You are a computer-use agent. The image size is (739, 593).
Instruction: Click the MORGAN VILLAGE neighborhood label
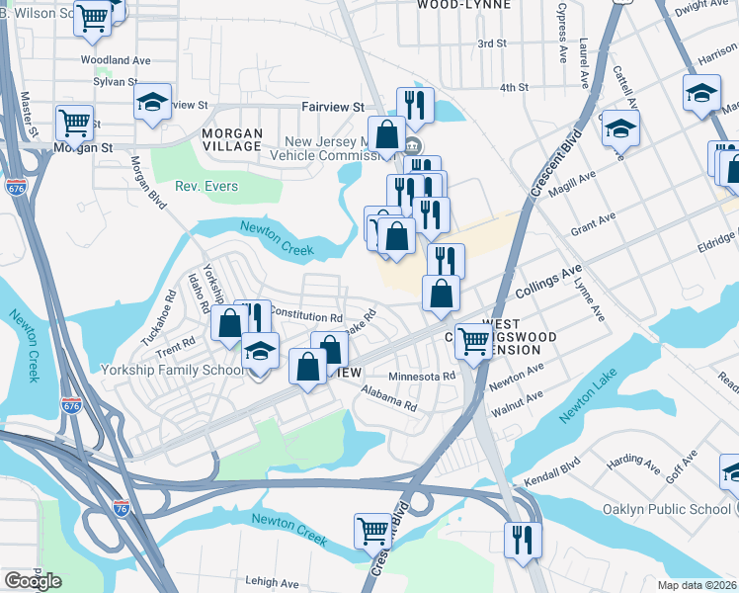click(x=232, y=139)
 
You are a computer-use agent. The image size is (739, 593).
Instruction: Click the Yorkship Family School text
click(x=173, y=371)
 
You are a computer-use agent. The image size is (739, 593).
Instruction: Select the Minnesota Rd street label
click(x=422, y=376)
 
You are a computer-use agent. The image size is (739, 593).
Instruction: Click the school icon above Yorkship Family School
click(x=261, y=351)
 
